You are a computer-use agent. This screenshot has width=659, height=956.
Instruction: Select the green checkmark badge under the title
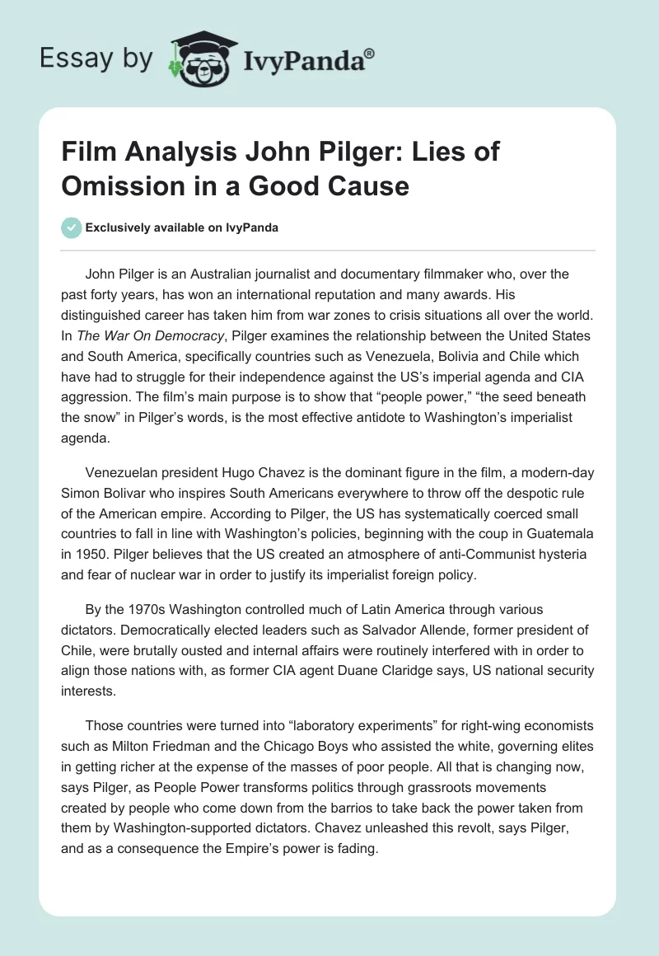(x=72, y=227)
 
